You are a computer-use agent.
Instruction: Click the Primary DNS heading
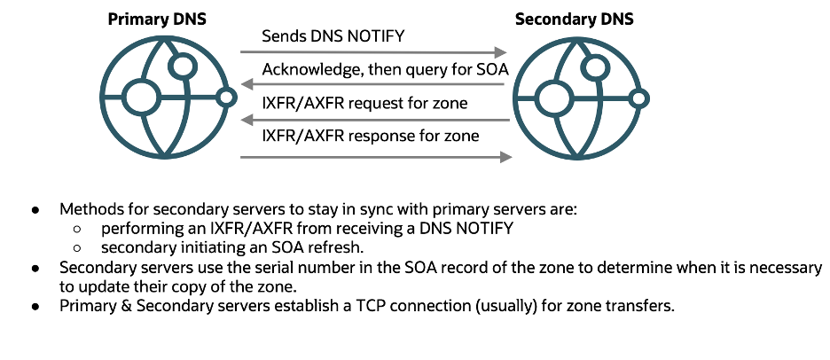[x=157, y=18]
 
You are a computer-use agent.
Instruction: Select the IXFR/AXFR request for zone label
[x=364, y=103]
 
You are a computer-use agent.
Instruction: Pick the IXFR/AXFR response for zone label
[x=371, y=136]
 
